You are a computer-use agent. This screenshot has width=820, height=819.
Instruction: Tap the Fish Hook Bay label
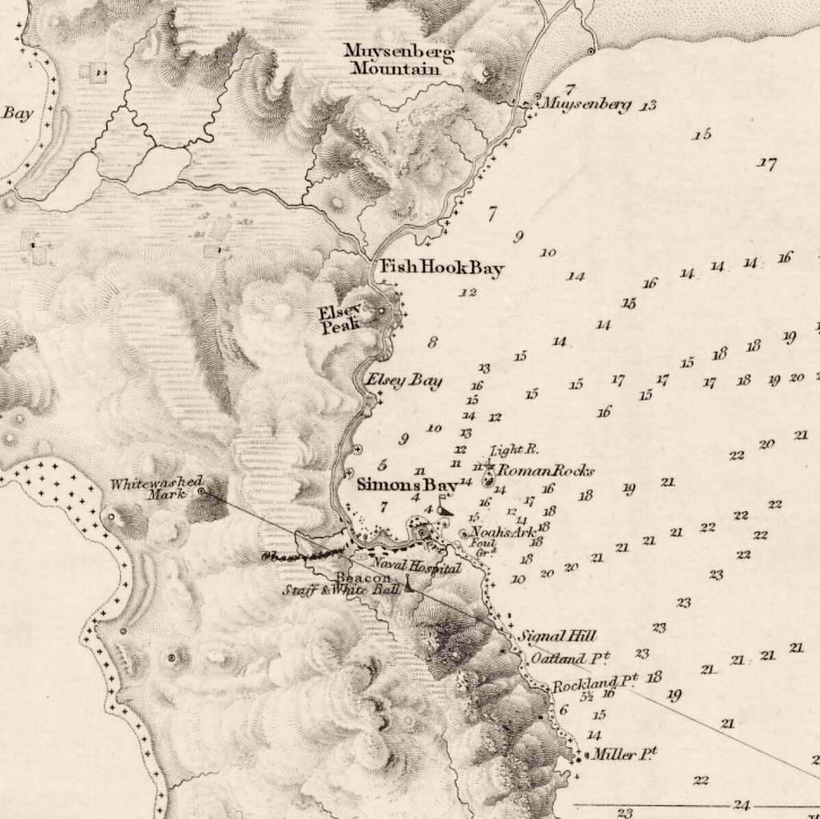pos(441,268)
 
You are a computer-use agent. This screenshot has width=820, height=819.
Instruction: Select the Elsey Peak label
pos(340,319)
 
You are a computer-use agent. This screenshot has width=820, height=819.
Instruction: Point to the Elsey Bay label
pos(404,381)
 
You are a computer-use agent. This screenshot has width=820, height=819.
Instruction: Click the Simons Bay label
pos(407,484)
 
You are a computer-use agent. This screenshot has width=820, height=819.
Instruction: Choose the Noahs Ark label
pos(503,531)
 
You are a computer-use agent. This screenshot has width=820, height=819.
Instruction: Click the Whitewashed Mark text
pos(156,489)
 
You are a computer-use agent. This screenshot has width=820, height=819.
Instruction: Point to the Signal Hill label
pos(557,636)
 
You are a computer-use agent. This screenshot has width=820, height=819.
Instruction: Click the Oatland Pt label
pos(569,658)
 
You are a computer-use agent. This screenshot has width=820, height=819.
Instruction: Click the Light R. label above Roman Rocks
pos(514,450)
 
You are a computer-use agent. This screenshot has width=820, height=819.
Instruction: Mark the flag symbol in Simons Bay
pos(444,508)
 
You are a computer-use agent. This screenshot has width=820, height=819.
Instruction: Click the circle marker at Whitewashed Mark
pos(202,491)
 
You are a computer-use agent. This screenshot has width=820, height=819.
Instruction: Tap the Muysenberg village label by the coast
pos(586,104)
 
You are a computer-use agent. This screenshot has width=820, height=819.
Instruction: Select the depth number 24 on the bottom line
pos(742,805)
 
